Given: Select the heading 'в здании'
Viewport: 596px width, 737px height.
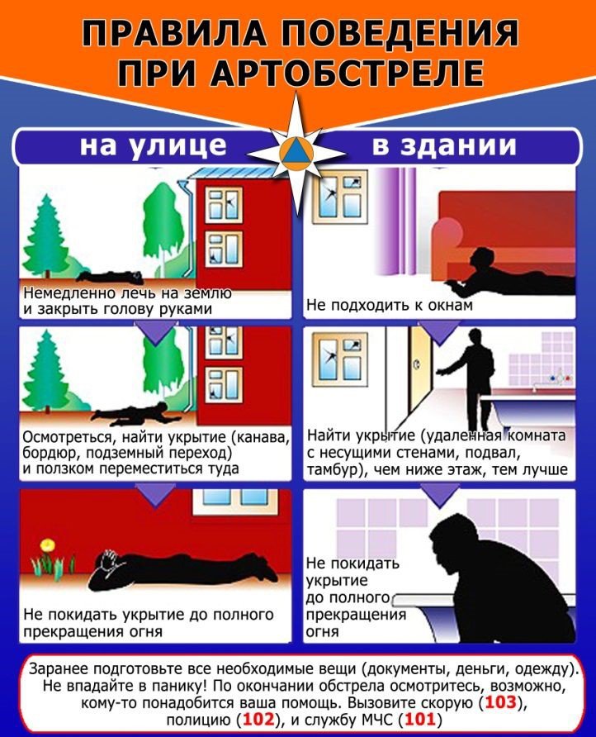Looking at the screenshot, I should (x=444, y=146).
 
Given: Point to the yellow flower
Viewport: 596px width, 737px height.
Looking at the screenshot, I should (x=47, y=544).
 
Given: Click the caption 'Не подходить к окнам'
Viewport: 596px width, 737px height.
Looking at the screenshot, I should (x=390, y=305).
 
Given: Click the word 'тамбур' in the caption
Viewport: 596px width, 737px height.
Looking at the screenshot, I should (x=333, y=470).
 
